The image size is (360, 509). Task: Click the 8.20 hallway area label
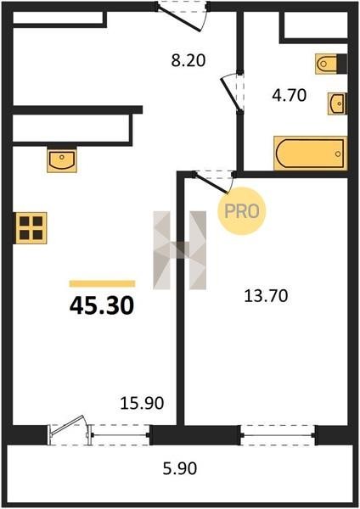click(188, 61)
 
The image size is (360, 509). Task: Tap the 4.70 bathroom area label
click(290, 95)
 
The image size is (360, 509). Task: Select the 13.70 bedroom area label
click(266, 296)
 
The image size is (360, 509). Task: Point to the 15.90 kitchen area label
click(142, 404)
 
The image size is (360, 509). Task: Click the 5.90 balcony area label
click(180, 469)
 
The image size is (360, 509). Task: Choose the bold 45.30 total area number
click(102, 305)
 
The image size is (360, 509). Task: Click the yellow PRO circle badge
click(242, 211)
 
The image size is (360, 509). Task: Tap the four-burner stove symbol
click(31, 228)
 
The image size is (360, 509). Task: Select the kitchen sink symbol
click(62, 159)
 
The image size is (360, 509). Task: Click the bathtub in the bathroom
click(310, 154)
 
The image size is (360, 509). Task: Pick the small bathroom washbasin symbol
click(337, 103)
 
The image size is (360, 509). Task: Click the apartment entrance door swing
click(181, 19)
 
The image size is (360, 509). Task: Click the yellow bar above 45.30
click(102, 283)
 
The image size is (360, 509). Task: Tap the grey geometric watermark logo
click(180, 250)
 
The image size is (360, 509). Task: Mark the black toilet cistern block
click(342, 64)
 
